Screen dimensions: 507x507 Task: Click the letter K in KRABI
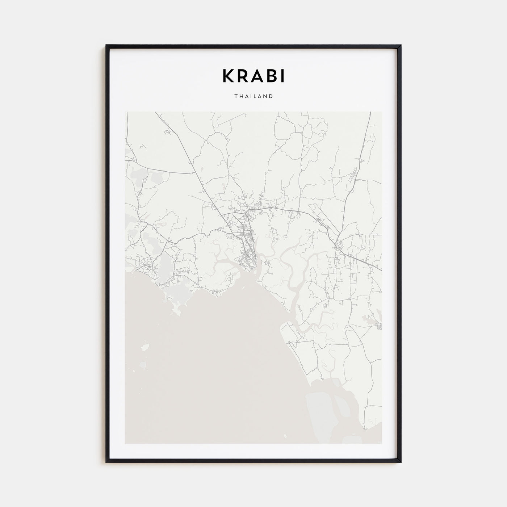229,76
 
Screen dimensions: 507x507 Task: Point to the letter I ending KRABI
283,76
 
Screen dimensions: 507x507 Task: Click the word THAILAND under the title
253,97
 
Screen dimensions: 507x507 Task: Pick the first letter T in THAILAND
236,97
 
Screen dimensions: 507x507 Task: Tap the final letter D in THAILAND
271,97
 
